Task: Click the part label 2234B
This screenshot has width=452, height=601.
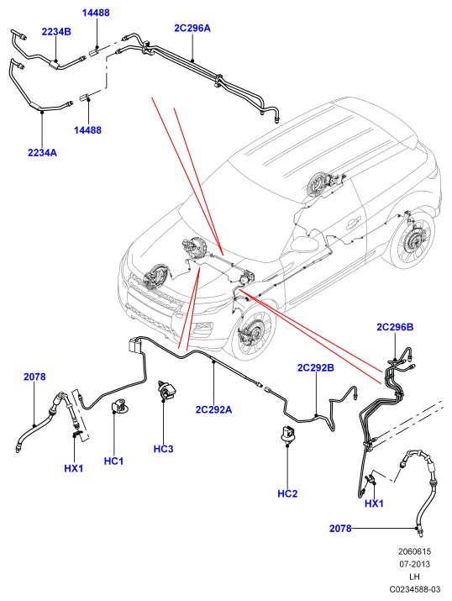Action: coord(56,32)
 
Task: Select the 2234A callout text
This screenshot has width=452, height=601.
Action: coord(42,152)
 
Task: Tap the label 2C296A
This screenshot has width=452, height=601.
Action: coord(192,28)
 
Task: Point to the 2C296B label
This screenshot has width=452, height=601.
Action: coord(395,327)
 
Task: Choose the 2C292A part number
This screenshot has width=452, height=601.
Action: coord(213,409)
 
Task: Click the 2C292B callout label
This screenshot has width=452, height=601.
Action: coord(316,367)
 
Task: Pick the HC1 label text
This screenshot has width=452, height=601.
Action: coord(113,461)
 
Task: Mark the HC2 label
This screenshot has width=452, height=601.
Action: coord(287,493)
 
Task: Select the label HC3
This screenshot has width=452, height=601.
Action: coord(164,449)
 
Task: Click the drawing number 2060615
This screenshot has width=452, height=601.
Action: coord(414,551)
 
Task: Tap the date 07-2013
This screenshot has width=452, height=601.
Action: coord(414,564)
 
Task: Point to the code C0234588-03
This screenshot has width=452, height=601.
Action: coord(415,589)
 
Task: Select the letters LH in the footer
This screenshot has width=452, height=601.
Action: coord(414,577)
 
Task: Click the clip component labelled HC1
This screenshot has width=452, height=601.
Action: coord(118,407)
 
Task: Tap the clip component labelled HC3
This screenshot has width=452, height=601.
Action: coord(166,391)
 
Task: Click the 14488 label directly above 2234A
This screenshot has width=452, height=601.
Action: coord(87,130)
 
